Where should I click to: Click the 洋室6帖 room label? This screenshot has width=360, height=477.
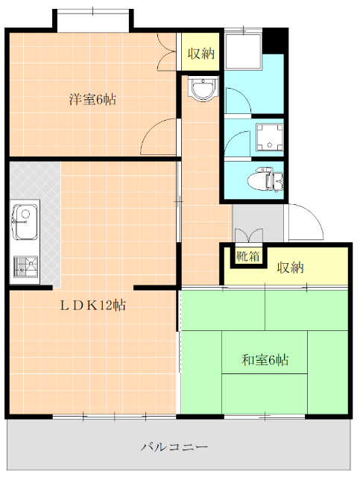click(92, 99)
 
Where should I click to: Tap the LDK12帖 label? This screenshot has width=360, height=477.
click(93, 305)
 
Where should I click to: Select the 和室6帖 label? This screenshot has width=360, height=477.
click(265, 360)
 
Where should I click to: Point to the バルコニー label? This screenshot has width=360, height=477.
click(174, 447)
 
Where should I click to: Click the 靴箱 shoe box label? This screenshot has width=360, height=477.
click(248, 256)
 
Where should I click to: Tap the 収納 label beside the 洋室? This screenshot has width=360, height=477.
click(200, 54)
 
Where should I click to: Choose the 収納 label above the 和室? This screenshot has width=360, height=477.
click(290, 268)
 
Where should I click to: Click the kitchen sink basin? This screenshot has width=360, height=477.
click(25, 222)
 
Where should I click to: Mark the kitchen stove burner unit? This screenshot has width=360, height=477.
click(26, 267)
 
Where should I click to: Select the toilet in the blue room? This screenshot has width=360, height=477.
click(265, 180)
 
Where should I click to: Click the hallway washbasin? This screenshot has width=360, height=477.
click(203, 89)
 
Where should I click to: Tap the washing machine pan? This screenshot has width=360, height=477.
click(270, 137)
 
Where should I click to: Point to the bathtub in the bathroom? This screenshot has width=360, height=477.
click(244, 51)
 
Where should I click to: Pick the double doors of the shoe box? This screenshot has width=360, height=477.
click(249, 236)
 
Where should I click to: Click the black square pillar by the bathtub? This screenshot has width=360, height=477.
click(275, 40)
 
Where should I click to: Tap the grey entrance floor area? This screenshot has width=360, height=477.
click(257, 223)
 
